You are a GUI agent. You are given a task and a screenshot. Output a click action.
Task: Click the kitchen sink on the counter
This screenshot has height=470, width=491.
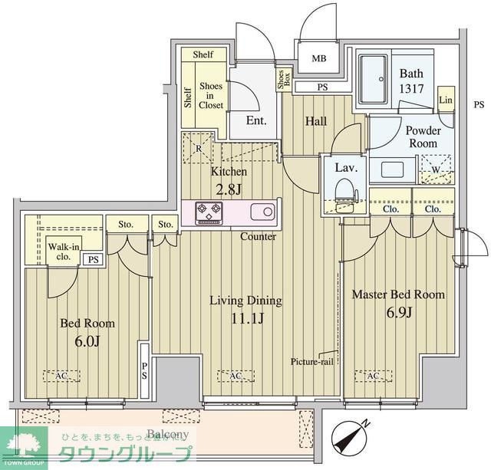[259, 212]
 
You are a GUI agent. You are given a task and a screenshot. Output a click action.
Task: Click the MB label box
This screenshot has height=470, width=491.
[318, 58]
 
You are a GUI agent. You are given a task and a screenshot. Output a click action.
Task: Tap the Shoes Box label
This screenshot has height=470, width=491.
[282, 80]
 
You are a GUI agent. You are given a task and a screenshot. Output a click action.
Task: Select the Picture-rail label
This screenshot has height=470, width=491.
[312, 362]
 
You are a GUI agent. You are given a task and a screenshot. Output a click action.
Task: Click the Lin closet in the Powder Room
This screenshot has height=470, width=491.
[446, 100]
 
